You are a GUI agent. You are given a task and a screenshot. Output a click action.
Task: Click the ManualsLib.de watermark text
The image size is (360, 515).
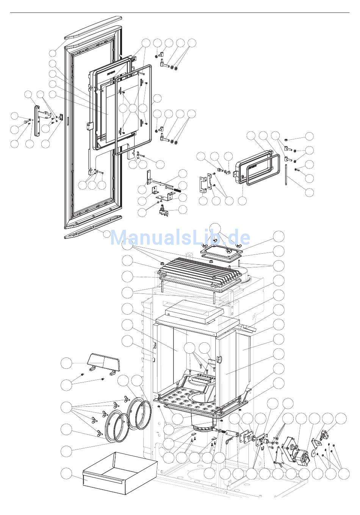tap(180, 237)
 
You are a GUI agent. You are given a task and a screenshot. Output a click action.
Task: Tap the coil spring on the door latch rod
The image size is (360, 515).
tap(177, 186)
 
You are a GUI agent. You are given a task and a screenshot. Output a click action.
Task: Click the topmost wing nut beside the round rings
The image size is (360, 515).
tap(124, 400)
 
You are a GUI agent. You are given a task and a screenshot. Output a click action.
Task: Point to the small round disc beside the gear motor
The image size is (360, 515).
tap(314, 454)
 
